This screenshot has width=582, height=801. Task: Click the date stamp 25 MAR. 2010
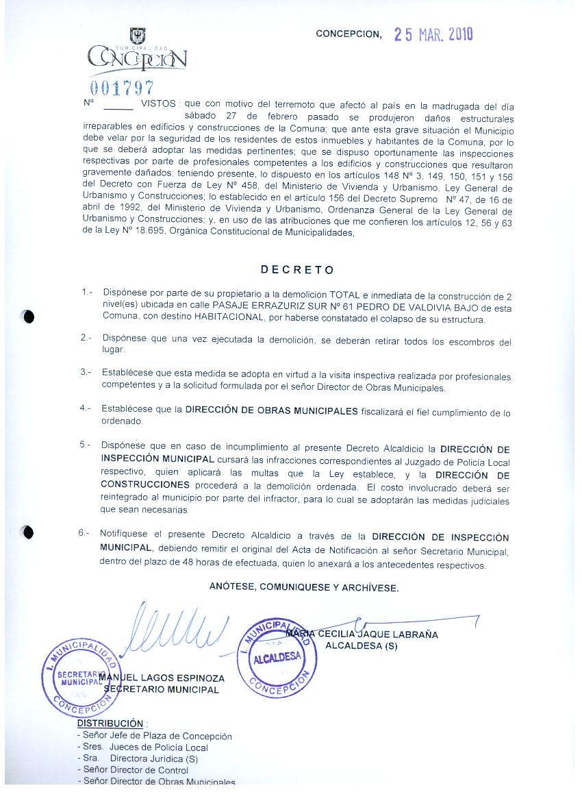click(x=434, y=34)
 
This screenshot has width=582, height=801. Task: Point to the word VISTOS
click(x=158, y=104)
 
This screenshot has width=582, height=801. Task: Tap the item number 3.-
click(x=86, y=372)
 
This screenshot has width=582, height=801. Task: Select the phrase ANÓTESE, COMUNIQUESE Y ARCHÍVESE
click(x=303, y=587)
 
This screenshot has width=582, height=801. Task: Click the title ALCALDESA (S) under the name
click(x=361, y=645)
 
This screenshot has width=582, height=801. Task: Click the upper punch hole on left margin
click(x=28, y=317)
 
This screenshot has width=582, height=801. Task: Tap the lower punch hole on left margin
click(x=27, y=532)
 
